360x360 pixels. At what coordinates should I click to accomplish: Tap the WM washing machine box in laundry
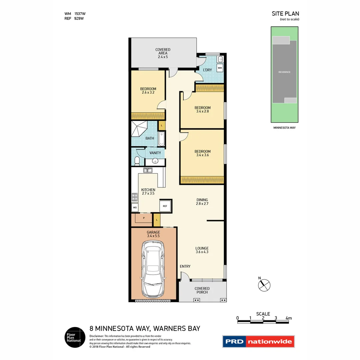220,68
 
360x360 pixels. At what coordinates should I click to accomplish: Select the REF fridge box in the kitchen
165,206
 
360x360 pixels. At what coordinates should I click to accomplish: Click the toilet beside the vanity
137,161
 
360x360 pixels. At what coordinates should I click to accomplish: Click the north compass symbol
264,284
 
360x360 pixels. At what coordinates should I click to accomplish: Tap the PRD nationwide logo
259,342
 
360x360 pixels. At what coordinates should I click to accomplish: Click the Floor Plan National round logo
73,337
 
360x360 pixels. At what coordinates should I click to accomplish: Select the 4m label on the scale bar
288,318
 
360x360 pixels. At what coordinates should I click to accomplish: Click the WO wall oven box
135,207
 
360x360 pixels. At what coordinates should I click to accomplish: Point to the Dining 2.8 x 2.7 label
202,202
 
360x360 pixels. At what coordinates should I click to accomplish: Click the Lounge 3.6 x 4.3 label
202,250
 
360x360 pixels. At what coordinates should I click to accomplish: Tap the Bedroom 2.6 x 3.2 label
148,91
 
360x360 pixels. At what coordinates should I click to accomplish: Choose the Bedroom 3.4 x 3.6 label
202,153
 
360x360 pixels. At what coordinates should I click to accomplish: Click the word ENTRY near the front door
185,266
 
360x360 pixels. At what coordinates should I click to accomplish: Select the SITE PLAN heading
285,14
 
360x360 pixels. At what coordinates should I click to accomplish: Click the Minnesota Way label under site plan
284,127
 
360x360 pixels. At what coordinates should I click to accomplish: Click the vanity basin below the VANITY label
155,161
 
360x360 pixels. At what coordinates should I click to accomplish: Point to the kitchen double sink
148,170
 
